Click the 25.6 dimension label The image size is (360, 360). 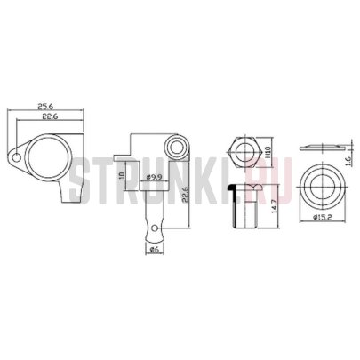pyautogui.click(x=45, y=106)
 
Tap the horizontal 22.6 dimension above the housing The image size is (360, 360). pyautogui.click(x=49, y=116)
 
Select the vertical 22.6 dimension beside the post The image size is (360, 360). pyautogui.click(x=186, y=194)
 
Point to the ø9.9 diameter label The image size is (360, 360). pyautogui.click(x=155, y=177)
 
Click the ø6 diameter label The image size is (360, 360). pyautogui.click(x=155, y=249)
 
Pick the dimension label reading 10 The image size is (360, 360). pyautogui.click(x=121, y=175)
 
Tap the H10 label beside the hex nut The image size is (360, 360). pyautogui.click(x=268, y=152)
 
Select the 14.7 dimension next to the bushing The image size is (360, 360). pyautogui.click(x=274, y=206)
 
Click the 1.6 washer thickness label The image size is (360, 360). pyautogui.click(x=348, y=161)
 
